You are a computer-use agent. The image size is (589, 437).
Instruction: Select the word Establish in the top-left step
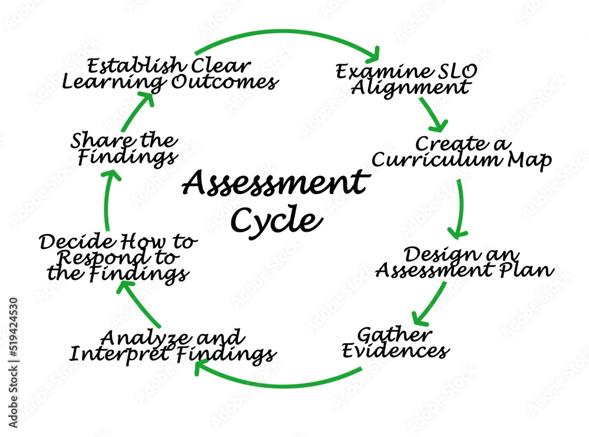tap(137, 66)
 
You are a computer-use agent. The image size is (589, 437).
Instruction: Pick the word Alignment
tap(410, 88)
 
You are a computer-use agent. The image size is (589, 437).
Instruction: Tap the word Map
tap(530, 160)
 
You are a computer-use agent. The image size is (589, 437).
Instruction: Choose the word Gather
tap(395, 334)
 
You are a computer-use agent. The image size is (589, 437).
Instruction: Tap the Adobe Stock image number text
tap(14, 363)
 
